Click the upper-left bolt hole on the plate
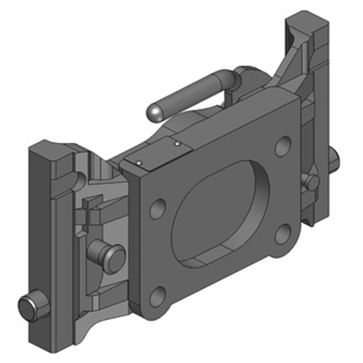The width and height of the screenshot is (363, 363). click(x=157, y=209)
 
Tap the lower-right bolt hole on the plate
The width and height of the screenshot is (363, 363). click(x=283, y=234)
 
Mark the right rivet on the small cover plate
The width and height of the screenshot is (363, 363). click(x=177, y=144)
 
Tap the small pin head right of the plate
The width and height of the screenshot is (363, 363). click(x=312, y=181)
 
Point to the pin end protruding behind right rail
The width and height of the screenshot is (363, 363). click(x=335, y=157)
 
